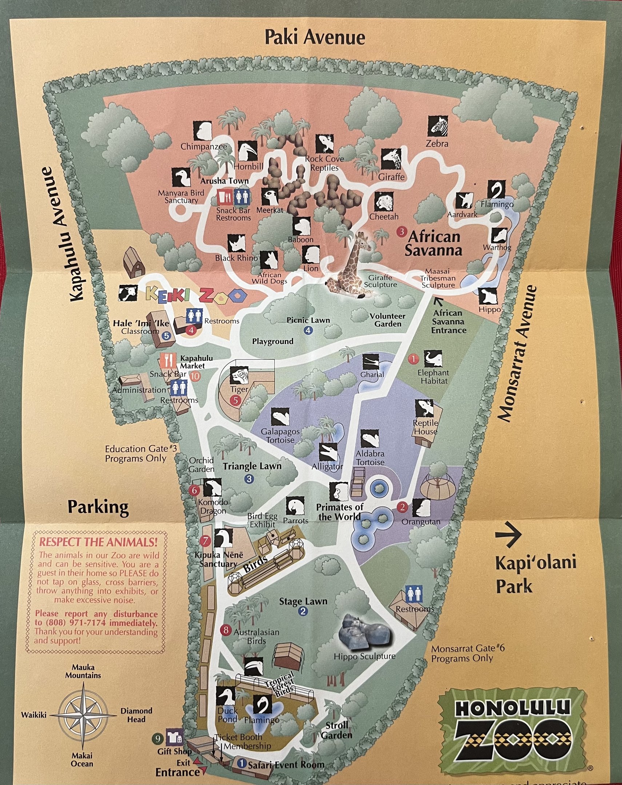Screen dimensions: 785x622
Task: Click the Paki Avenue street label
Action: coord(315,37)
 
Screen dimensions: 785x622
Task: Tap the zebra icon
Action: coord(437,126)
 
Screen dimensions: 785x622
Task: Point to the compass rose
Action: coord(83,714)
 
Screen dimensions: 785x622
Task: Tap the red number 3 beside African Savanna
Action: coord(402,232)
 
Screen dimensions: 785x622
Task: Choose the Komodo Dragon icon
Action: coord(212,487)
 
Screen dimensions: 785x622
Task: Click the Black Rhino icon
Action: coord(237,243)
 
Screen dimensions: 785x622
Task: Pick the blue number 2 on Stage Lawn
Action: coord(303,611)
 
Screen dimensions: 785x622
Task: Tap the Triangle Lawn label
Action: coord(252,466)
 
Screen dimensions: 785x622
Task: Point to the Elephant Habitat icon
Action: coord(433,359)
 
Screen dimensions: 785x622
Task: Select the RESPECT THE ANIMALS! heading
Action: coord(98,542)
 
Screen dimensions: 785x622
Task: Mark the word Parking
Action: coord(98,507)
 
